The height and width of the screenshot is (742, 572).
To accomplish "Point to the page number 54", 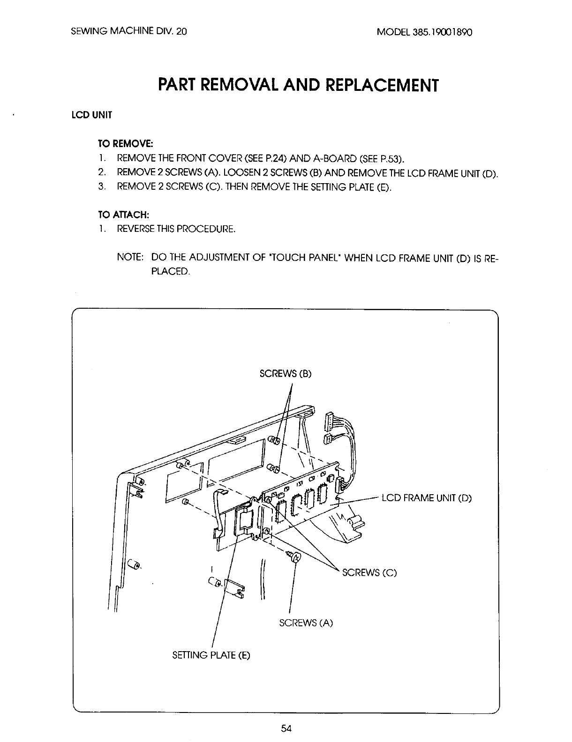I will pos(286,728).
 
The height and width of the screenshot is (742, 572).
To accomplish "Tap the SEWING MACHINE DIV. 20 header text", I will pos(129,32).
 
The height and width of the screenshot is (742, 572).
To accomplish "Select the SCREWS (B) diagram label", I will pos(285,374).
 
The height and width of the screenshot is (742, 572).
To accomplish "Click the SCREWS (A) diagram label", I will pos(306,623).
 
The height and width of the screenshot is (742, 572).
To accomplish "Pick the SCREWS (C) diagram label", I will pos(369,572).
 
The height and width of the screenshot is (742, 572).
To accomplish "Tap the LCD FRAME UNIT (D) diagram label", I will pos(427,498).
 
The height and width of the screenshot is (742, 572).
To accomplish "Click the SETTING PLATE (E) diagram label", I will pos(211,655).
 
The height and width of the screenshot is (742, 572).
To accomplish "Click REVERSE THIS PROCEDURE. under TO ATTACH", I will pos(176,229).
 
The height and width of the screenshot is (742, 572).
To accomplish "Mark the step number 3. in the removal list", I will pos(101,186).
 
